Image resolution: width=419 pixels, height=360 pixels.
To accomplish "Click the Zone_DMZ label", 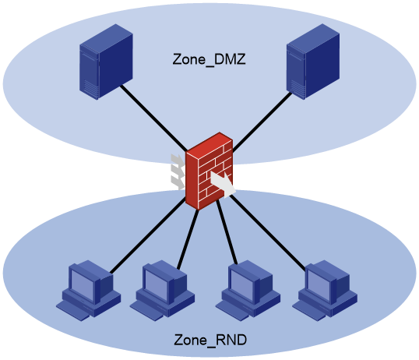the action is pyautogui.click(x=209, y=60).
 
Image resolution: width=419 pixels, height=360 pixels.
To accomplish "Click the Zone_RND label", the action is pyautogui.click(x=210, y=341).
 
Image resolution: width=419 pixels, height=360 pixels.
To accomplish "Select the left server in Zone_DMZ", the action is pyautogui.click(x=106, y=62).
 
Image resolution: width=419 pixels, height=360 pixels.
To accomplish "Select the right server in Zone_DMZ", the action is pyautogui.click(x=313, y=62).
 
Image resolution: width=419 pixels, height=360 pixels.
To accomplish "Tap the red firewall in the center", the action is pyautogui.click(x=209, y=171).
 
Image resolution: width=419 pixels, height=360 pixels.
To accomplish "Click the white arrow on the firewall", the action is pyautogui.click(x=223, y=184).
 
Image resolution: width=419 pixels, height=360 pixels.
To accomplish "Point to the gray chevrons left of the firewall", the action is pyautogui.click(x=178, y=172).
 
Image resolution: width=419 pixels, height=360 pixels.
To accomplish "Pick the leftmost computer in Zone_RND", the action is pyautogui.click(x=89, y=291).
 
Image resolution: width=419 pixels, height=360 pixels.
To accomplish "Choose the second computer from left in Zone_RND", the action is pyautogui.click(x=162, y=291).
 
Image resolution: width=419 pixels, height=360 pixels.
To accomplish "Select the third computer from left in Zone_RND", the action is pyautogui.click(x=248, y=291).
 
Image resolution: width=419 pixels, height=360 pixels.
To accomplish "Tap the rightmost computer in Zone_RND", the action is pyautogui.click(x=325, y=291).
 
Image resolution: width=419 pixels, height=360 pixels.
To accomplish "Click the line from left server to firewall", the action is pyautogui.click(x=153, y=118).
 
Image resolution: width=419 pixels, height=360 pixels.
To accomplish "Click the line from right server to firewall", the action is pyautogui.click(x=262, y=122).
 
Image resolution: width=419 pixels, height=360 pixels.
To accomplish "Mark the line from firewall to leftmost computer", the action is pyautogui.click(x=148, y=235).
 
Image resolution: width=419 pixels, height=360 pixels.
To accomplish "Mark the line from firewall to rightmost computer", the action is pyautogui.click(x=268, y=232).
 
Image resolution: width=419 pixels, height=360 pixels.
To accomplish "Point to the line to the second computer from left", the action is pyautogui.click(x=188, y=239).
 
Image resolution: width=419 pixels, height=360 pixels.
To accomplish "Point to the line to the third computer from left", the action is pyautogui.click(x=227, y=232).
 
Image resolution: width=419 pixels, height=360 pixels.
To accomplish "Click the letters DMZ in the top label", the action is pyautogui.click(x=230, y=59).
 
